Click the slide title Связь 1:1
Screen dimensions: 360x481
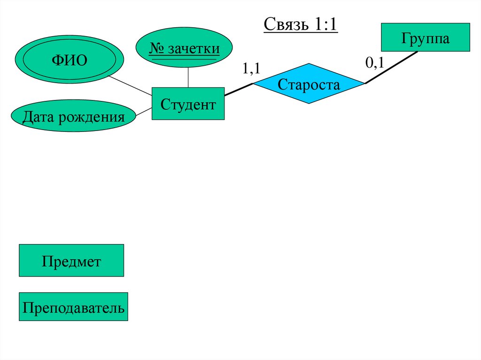(x=301, y=24)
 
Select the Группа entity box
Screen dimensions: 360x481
(x=425, y=37)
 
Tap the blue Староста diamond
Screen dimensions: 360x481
(x=309, y=84)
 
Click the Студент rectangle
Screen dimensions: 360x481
(x=188, y=103)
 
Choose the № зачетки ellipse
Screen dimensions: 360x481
(x=184, y=48)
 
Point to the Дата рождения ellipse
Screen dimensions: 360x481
(x=74, y=116)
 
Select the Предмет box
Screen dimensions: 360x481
(x=71, y=260)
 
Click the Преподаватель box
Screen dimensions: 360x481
(x=74, y=307)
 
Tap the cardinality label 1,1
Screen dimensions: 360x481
(x=251, y=68)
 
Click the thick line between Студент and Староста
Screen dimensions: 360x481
(x=239, y=90)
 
